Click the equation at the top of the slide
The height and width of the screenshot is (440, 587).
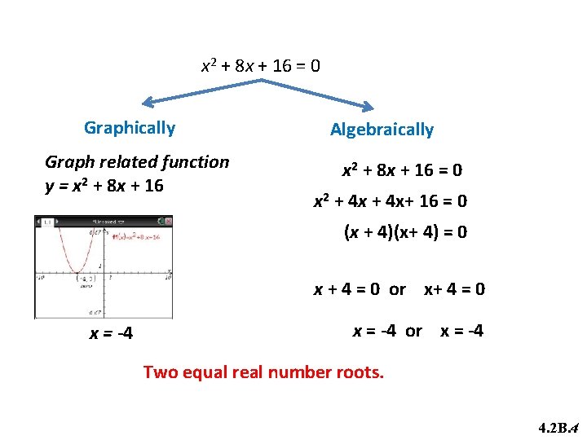(260, 65)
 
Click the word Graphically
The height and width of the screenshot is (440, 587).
(130, 128)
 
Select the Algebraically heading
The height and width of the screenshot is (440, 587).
(382, 130)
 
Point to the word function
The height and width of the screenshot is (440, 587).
(197, 161)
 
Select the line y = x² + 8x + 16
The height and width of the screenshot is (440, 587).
(104, 186)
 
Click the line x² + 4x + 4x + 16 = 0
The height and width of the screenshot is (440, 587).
(391, 201)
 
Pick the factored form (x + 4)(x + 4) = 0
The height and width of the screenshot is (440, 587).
(405, 232)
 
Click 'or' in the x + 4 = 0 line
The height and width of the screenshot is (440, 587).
(397, 289)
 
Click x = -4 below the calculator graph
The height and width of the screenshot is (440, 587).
(112, 334)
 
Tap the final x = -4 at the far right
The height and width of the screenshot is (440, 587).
(461, 331)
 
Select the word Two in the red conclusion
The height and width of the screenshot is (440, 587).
(160, 372)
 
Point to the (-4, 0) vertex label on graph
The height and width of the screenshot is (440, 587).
(85, 278)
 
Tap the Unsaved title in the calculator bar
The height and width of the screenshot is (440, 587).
(104, 221)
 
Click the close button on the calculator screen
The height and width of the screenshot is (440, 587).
(168, 221)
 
